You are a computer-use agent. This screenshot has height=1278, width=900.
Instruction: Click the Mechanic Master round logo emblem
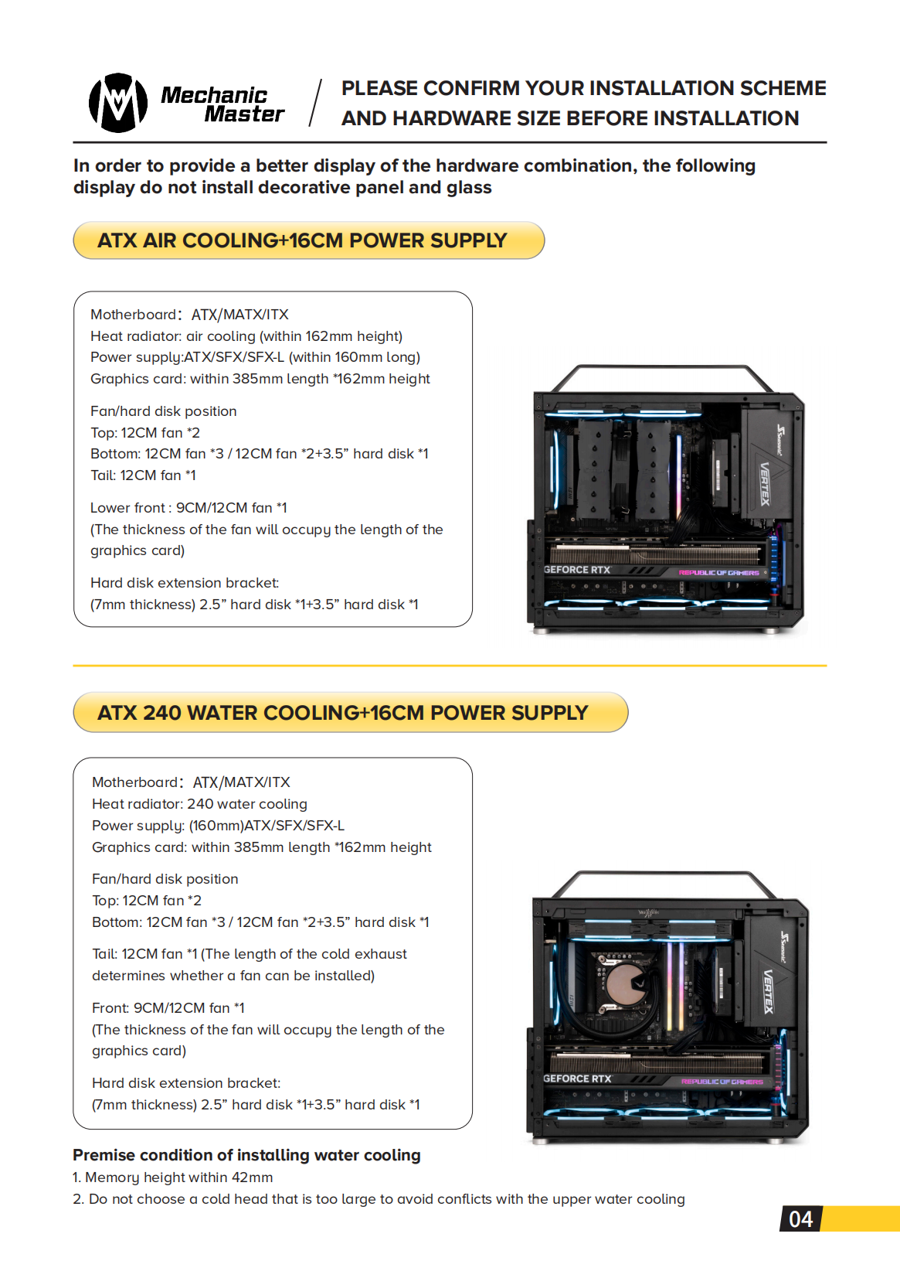pos(118,103)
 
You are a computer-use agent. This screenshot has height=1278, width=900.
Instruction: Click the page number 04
pos(800,1219)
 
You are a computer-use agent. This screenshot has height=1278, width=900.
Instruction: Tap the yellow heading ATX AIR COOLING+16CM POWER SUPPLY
pos(302,240)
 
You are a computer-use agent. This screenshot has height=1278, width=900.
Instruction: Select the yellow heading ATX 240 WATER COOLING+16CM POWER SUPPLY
pos(342,713)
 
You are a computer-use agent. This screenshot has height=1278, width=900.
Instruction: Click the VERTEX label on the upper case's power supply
pos(765,484)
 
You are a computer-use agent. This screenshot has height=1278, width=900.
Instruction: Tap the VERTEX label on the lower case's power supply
pos(769,992)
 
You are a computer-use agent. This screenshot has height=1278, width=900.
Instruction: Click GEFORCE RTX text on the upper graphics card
pos(577,569)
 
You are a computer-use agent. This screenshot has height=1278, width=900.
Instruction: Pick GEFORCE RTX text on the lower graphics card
pos(577,1079)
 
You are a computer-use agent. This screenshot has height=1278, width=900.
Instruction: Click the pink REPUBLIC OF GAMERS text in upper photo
pos(718,572)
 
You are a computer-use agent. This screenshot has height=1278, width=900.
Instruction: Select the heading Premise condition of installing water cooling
pos(246,1155)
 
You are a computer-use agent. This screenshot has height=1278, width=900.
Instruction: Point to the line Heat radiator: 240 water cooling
pos(199,804)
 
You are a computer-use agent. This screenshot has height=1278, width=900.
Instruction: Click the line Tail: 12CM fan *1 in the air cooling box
pos(143,475)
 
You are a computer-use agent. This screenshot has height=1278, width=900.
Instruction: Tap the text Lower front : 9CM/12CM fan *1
pos(188,508)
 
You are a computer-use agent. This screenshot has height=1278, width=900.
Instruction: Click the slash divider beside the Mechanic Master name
pos(315,103)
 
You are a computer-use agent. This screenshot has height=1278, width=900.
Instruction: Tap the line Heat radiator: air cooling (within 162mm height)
pos(246,336)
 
